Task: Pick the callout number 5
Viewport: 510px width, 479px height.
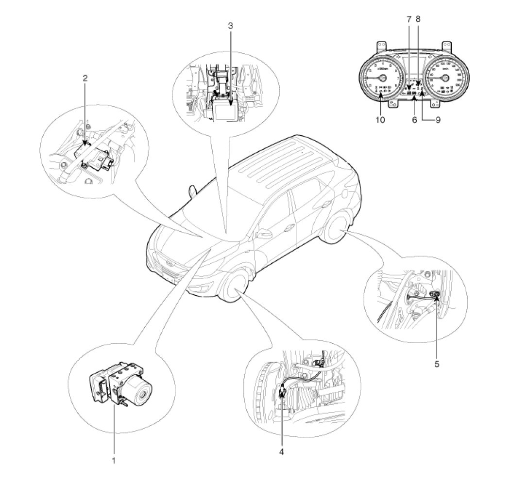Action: (x=437, y=363)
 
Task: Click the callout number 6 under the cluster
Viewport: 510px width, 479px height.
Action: (x=414, y=120)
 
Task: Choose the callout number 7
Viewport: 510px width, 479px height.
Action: (x=408, y=19)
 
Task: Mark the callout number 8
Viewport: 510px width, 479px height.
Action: (x=418, y=19)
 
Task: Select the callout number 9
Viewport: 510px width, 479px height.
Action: (x=438, y=120)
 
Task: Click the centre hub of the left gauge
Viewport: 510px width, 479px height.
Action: (x=382, y=78)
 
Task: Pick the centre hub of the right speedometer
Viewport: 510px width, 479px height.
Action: (x=444, y=78)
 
